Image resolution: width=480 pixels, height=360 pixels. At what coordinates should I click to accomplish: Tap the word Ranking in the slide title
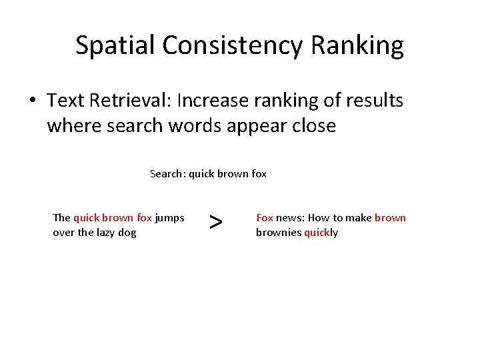tap(367, 45)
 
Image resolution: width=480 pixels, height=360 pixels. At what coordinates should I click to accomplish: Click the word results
tap(371, 101)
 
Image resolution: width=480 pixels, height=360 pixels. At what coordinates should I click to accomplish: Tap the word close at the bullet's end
tap(313, 125)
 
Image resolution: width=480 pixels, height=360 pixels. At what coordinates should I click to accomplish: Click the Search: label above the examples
tap(168, 174)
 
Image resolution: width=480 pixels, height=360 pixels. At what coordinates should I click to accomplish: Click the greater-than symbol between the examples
tap(215, 223)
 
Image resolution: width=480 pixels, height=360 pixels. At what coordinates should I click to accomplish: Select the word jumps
tap(169, 217)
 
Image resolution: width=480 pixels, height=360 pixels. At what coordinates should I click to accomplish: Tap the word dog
tap(127, 232)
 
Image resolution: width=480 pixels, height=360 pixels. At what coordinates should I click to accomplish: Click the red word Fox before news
tap(265, 217)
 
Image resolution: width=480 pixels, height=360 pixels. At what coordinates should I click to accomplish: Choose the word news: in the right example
tap(291, 217)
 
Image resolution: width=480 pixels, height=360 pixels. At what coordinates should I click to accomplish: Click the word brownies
tap(279, 232)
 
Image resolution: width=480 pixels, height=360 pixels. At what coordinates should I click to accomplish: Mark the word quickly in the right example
tap(321, 232)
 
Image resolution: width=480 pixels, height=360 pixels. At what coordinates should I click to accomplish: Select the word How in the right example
tap(319, 217)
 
